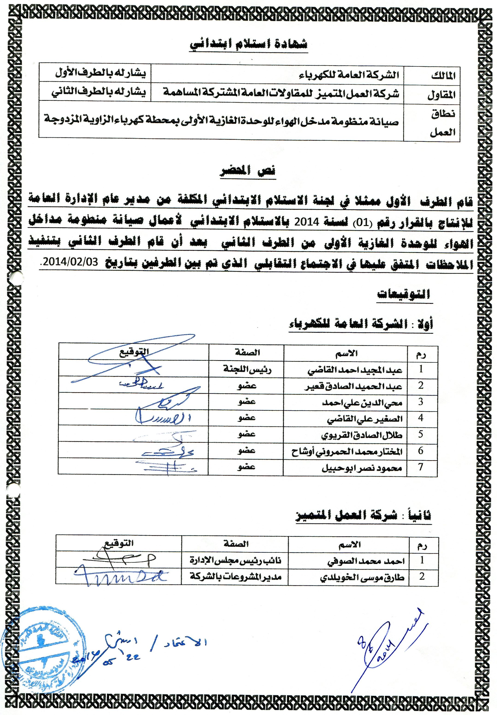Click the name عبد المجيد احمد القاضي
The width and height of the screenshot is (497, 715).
point(355,370)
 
